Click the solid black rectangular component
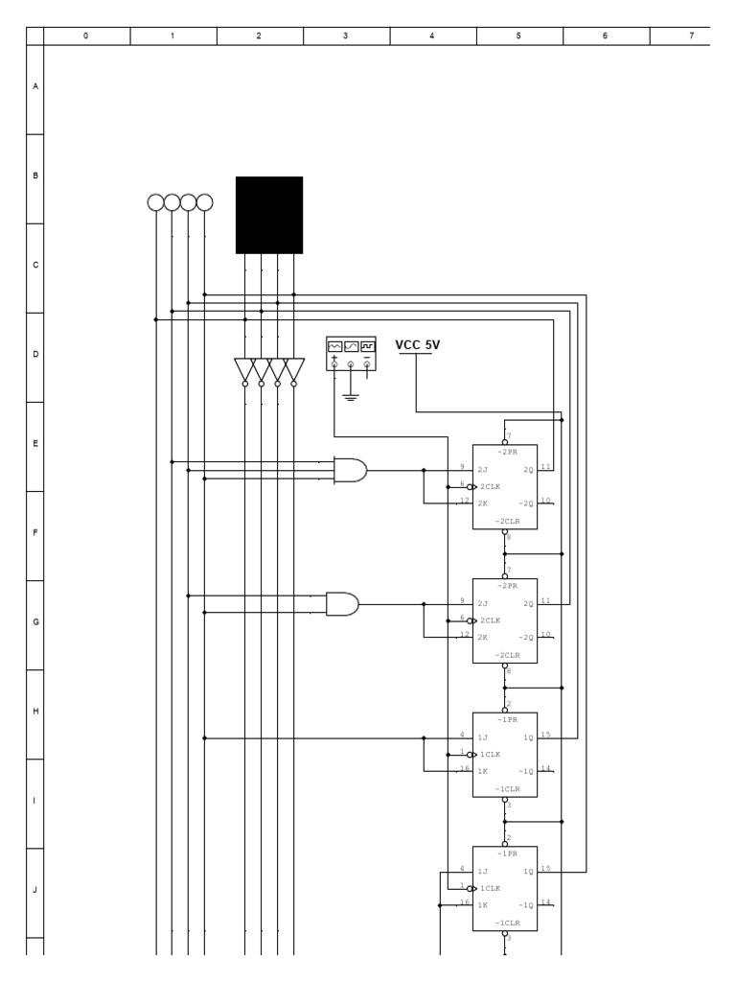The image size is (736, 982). click(269, 215)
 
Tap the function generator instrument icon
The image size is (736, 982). click(351, 351)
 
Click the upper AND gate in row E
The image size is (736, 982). click(350, 470)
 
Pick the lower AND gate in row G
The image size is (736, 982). click(342, 603)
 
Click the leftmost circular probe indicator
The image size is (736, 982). click(155, 202)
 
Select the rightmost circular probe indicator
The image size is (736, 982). click(204, 202)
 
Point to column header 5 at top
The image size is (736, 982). click(518, 36)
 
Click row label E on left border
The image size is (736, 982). click(35, 444)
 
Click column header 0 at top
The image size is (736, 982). click(86, 36)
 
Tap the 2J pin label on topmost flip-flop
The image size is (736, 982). click(483, 470)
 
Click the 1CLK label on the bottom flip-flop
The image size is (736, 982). click(489, 888)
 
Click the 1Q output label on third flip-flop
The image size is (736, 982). click(528, 737)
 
